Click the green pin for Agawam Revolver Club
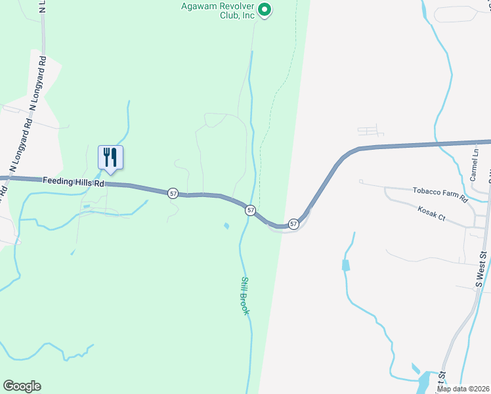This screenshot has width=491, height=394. (x=265, y=9)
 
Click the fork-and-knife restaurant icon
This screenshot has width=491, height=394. (x=110, y=157)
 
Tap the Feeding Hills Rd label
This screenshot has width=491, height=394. (x=74, y=183)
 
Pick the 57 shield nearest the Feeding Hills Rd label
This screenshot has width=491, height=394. (x=173, y=193)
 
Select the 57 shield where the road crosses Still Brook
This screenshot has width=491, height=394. (x=251, y=210)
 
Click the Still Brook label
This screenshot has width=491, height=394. (x=245, y=295)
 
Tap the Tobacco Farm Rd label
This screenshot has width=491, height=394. (x=439, y=194)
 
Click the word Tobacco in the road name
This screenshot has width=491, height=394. (x=427, y=192)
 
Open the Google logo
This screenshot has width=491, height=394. (x=22, y=386)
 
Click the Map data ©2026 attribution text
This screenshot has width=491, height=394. (x=463, y=389)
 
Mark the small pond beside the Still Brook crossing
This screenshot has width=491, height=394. (x=226, y=227)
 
